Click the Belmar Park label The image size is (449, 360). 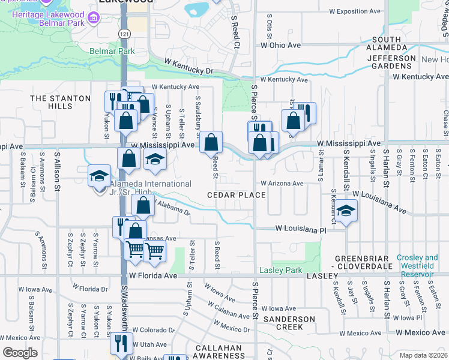coord(113,52)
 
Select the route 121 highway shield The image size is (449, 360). coord(124,34)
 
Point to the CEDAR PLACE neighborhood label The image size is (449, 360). coord(237,196)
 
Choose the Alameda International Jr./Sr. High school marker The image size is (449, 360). coord(100,176)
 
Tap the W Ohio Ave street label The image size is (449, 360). coord(280,45)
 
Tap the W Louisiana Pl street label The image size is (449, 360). coord(301,229)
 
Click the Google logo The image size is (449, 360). coord(20,353)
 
